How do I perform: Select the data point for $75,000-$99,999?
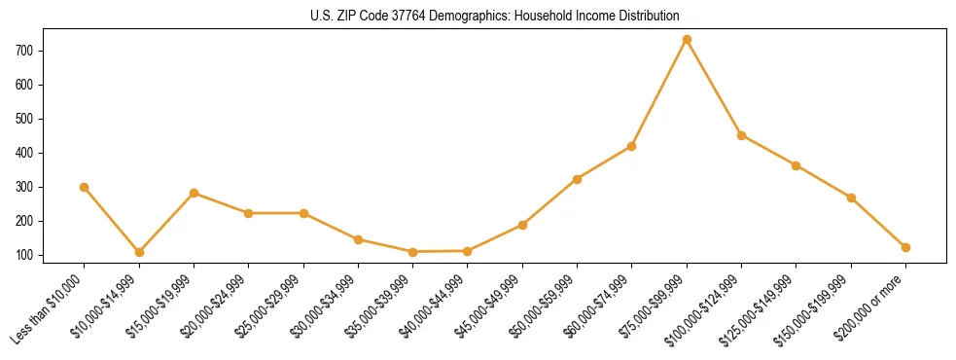687,40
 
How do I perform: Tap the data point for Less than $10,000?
85,187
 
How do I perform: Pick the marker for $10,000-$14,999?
139,252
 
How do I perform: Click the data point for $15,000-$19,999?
195,193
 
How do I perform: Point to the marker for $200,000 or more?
905,247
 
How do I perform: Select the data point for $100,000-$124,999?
741,135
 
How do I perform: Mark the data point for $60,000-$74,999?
631,146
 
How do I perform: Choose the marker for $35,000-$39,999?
412,252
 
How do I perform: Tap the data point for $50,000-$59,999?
577,179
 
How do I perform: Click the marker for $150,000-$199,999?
851,198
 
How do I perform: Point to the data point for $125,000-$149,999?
796,165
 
